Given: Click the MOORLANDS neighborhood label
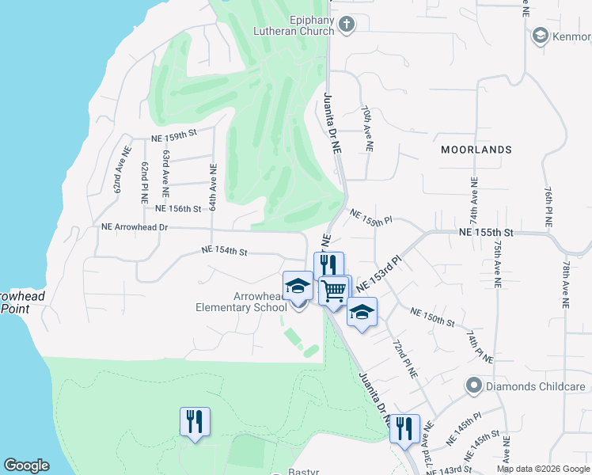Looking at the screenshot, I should (x=476, y=150).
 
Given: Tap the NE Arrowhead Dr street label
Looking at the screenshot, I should (x=135, y=226).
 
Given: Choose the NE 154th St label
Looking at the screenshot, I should (x=225, y=251).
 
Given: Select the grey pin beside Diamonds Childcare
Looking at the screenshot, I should (x=474, y=386).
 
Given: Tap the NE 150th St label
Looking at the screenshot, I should (x=432, y=317).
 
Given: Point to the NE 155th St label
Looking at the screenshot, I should (x=487, y=232).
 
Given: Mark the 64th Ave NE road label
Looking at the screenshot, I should (x=213, y=187).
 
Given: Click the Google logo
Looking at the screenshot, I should (x=26, y=465).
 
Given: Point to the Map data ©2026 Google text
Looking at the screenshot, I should (x=543, y=469).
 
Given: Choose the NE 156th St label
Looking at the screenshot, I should (x=179, y=209).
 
